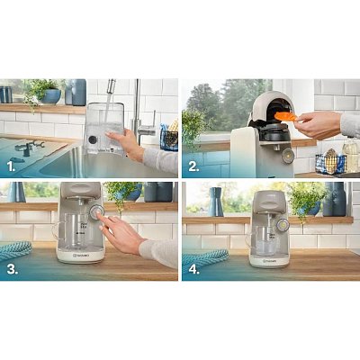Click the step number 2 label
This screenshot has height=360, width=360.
pos(194,165)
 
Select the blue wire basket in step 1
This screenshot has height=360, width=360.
pos(168,138)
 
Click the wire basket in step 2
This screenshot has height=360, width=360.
pos(330,163)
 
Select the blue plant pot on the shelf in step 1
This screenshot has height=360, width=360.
pos(50,95)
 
